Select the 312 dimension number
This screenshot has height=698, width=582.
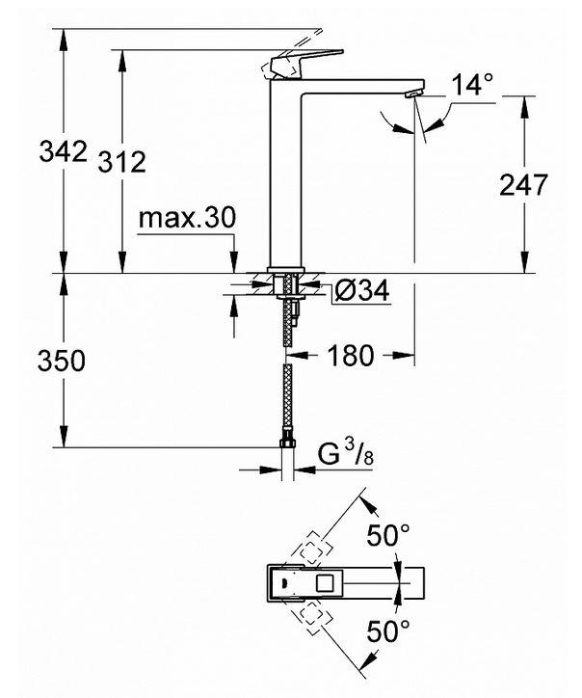coord(122,162)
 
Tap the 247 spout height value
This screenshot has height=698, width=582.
coord(524,184)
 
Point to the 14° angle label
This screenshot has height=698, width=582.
coord(472,85)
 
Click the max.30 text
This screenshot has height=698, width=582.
coord(186,219)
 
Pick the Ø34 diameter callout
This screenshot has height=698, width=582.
coord(362,290)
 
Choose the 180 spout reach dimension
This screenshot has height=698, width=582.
coord(350,356)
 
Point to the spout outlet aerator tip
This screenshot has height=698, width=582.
coord(413,93)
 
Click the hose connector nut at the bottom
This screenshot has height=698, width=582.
coord(285,446)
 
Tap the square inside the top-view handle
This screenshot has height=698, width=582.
coord(325,582)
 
